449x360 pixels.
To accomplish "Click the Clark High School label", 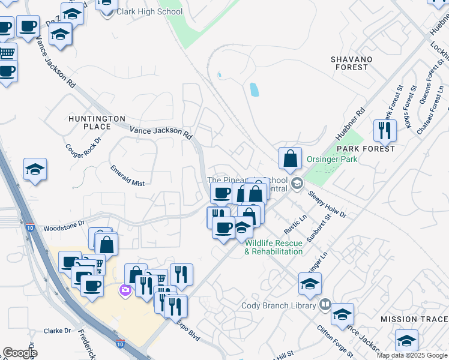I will coord(149,11).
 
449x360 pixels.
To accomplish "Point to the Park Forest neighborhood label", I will coord(366,148).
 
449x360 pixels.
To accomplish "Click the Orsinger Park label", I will coord(332,159).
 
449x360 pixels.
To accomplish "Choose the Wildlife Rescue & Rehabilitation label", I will coord(273,247).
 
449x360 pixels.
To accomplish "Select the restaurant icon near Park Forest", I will coord(384,130).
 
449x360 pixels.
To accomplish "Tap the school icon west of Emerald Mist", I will coord(35,170).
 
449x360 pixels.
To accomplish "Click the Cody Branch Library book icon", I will coord(325,305).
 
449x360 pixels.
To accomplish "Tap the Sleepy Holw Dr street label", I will coord(327,204).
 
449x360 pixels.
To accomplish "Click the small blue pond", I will coord(255,90).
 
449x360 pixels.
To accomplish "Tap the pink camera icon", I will coord(125,290).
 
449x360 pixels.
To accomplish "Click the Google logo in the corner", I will coord(20,353).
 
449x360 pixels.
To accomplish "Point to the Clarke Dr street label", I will coord(58,331).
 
